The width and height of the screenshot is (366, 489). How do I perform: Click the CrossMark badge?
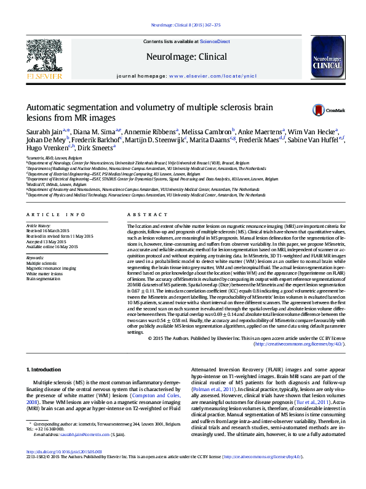click(327, 110)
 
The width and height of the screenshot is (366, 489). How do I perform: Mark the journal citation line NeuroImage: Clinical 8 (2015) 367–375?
click(183, 25)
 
